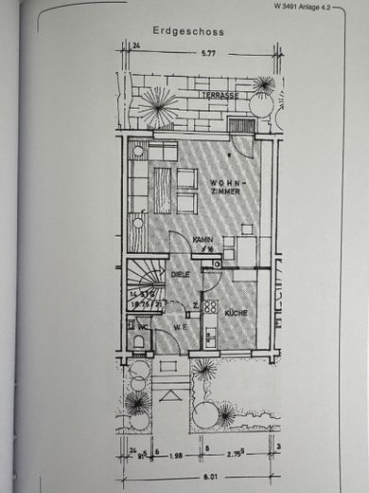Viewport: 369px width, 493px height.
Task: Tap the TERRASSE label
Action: [x=219, y=96]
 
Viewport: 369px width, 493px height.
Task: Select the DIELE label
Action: [x=181, y=274]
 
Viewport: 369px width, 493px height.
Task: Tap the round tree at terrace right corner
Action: [x=263, y=86]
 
